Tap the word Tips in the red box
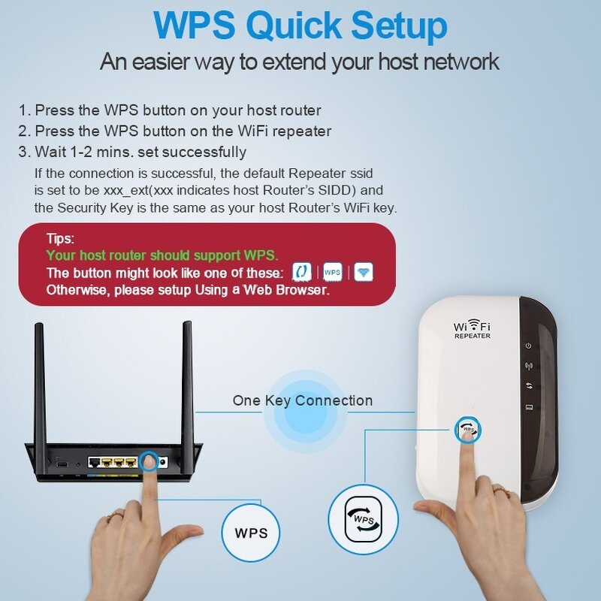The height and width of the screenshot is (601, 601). coord(60,238)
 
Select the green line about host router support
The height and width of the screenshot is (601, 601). coord(162,255)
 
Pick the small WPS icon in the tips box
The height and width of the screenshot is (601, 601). coord(332,271)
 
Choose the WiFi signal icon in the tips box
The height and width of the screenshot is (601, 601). coord(364,271)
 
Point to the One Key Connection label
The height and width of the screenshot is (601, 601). coord(302,400)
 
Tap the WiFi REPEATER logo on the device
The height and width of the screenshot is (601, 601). coord(472,330)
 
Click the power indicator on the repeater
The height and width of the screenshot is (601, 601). coord(529,346)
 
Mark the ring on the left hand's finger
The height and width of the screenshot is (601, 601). coord(115,516)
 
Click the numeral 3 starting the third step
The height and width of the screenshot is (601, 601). coord(23,152)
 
